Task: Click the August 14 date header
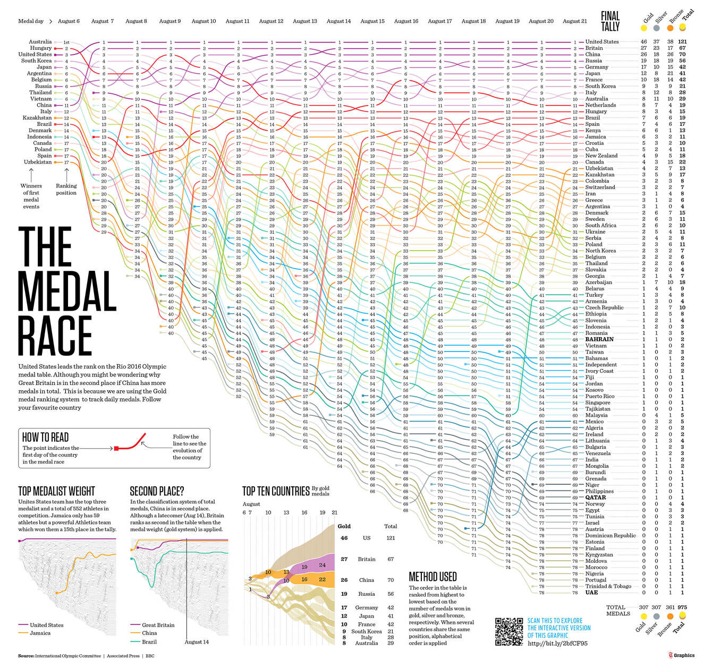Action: click(x=338, y=21)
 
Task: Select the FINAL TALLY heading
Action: click(x=611, y=21)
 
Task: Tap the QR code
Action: click(x=508, y=632)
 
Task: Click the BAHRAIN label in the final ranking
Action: click(x=599, y=339)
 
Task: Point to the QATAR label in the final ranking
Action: click(x=595, y=498)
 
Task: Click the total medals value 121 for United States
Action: click(x=682, y=41)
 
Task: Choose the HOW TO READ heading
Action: click(x=45, y=437)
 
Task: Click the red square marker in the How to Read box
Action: click(x=116, y=449)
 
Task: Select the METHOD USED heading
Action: click(x=433, y=577)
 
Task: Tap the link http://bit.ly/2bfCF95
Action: click(x=557, y=644)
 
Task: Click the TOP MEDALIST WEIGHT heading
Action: click(x=56, y=491)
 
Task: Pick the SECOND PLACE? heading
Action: click(x=157, y=491)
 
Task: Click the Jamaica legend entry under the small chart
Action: click(x=40, y=633)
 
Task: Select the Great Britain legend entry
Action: click(x=157, y=625)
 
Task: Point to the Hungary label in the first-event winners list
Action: click(x=40, y=48)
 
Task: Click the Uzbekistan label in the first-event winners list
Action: click(x=38, y=162)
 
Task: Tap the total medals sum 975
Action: click(x=682, y=607)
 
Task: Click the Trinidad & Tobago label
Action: click(x=608, y=586)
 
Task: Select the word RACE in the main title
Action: click(x=55, y=336)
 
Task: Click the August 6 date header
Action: click(x=69, y=21)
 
